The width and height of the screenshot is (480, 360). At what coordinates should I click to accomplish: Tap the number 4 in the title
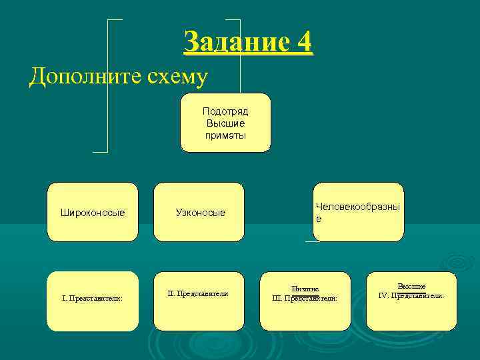[304, 43]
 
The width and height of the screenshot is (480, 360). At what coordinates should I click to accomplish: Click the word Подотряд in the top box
[225, 111]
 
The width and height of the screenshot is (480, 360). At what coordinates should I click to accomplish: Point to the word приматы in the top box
[225, 135]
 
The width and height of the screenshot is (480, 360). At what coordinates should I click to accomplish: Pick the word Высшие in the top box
[225, 123]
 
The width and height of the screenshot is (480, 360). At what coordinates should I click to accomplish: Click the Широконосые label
[93, 213]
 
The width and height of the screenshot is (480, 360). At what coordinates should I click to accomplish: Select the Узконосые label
[200, 213]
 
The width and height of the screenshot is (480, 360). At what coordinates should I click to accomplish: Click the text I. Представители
[92, 299]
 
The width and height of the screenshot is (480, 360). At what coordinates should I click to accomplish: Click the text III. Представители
[305, 299]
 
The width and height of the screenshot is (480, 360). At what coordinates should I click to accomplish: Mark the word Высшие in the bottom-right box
[411, 286]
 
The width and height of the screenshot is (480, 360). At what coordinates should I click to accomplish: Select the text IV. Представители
[411, 295]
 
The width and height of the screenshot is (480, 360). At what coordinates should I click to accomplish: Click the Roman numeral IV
[383, 295]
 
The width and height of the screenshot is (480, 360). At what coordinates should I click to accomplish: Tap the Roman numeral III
[278, 299]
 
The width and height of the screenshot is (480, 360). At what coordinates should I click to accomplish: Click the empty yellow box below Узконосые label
[199, 313]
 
